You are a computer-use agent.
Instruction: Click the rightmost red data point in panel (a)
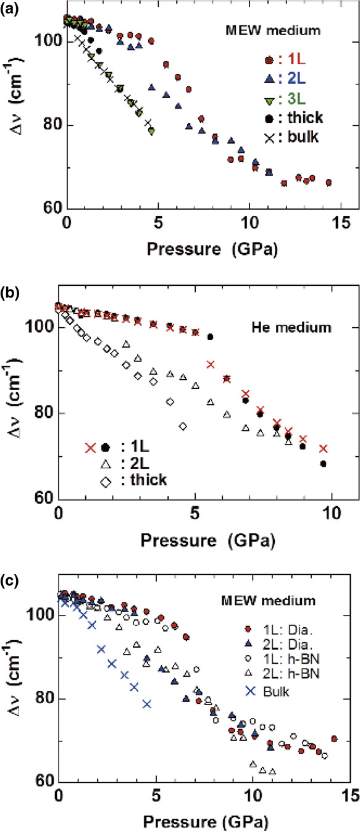tap(329, 183)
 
